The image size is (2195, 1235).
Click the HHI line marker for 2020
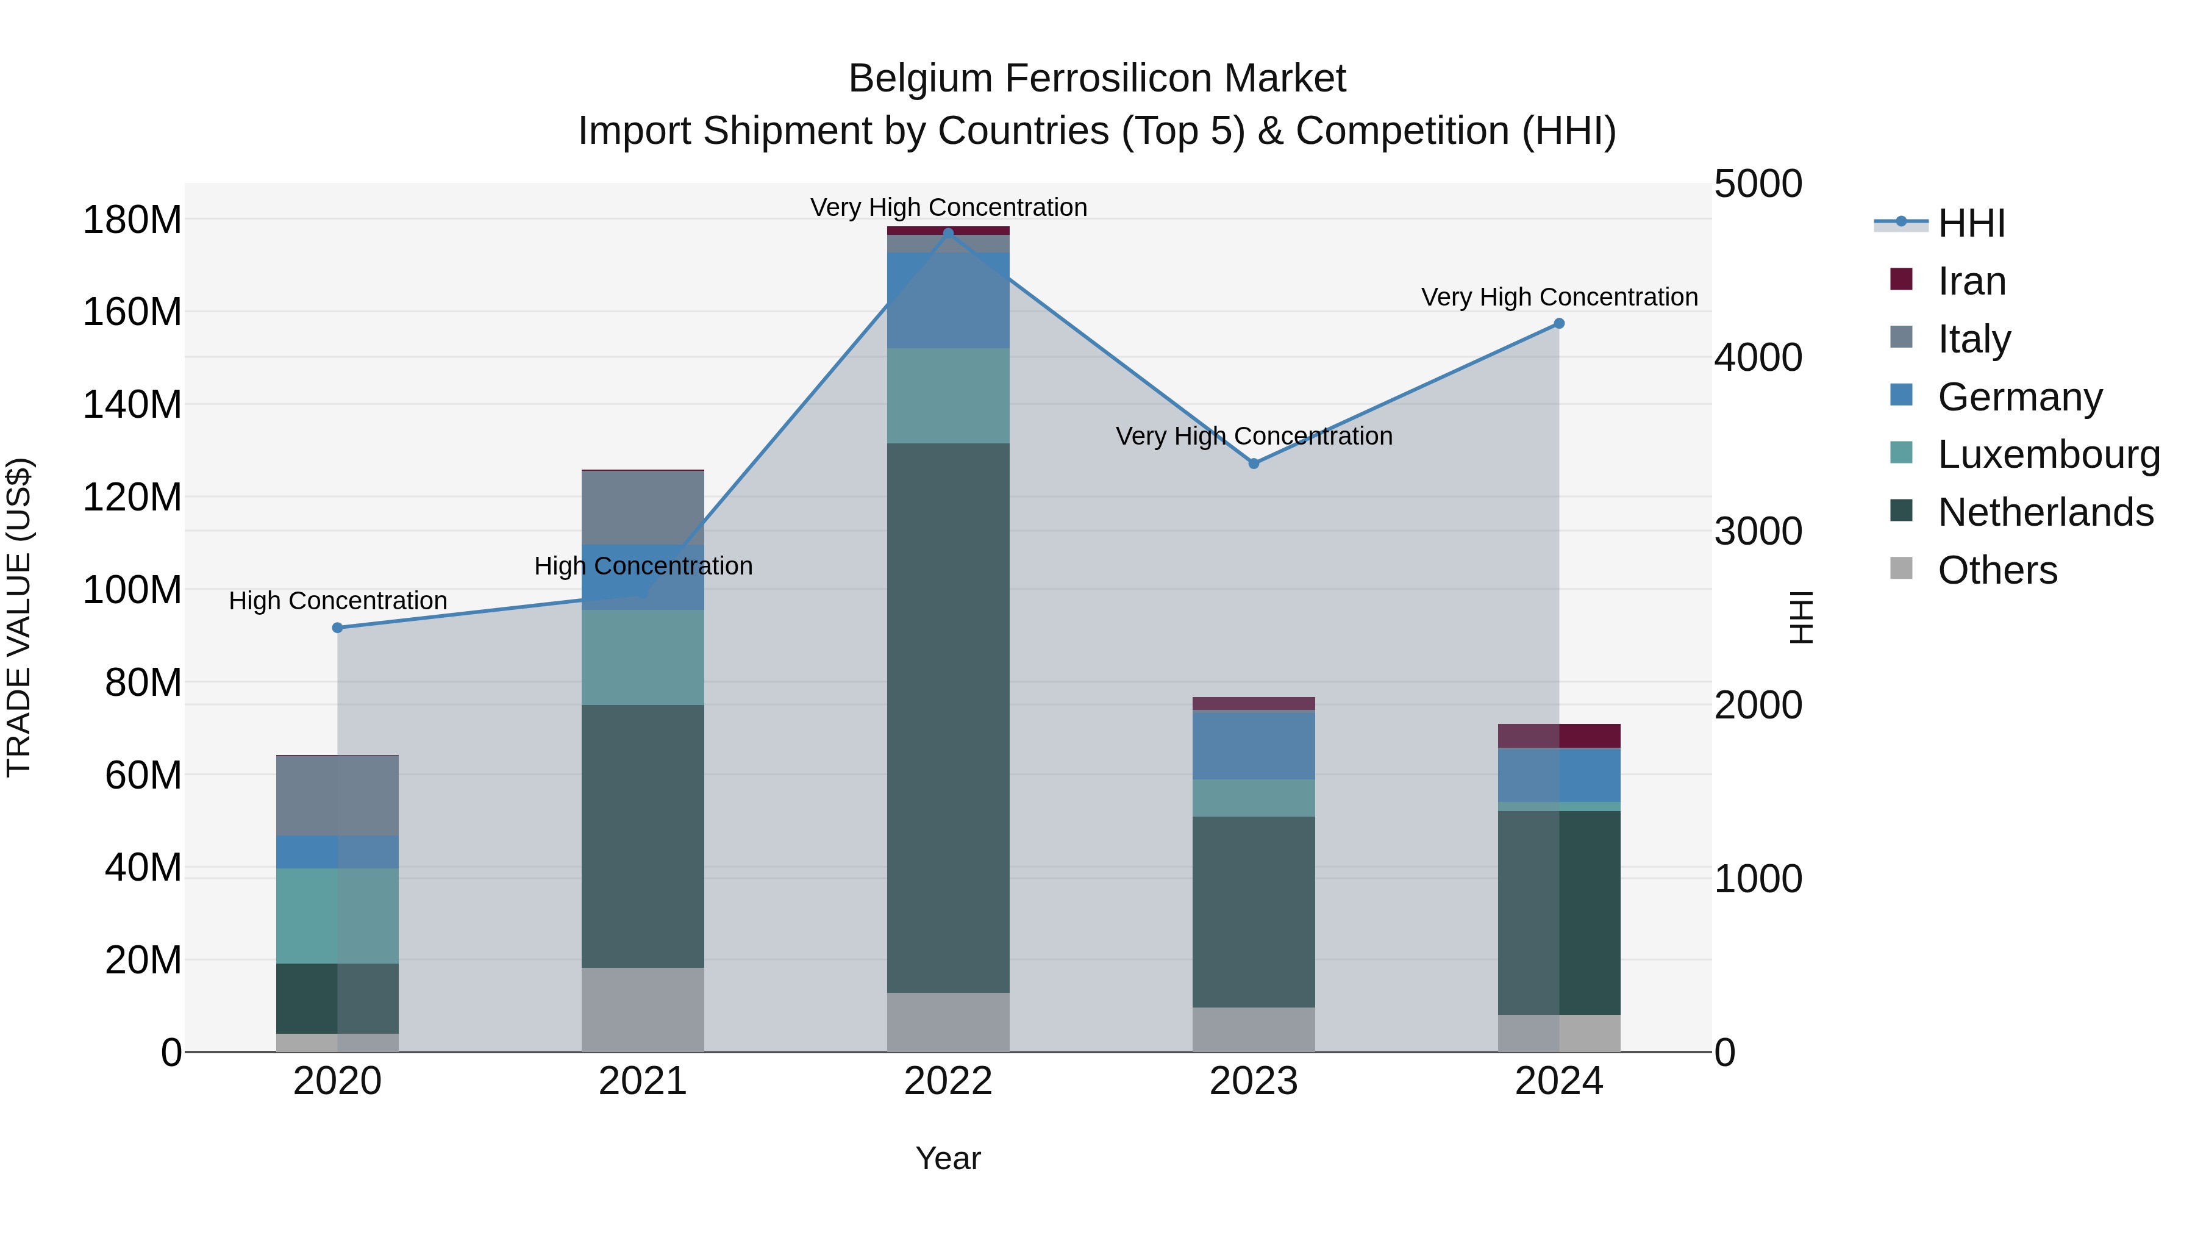point(337,628)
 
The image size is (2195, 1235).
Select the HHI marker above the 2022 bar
point(948,234)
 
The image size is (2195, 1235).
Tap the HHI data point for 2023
point(1254,464)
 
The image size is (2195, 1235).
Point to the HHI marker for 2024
point(1559,324)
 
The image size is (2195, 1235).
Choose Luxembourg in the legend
point(2049,454)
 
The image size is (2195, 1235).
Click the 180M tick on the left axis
point(132,220)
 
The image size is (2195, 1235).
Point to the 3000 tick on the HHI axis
point(1758,532)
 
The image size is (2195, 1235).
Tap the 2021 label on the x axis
point(643,1081)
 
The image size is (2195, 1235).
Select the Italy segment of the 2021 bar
point(643,507)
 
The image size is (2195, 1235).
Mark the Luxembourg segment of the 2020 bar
point(337,915)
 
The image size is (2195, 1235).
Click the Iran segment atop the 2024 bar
point(1559,736)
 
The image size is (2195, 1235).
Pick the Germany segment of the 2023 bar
point(1254,745)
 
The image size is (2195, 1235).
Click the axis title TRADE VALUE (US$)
point(19,617)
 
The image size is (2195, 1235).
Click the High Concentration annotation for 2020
point(337,601)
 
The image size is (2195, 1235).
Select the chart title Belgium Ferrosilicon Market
point(1097,79)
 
